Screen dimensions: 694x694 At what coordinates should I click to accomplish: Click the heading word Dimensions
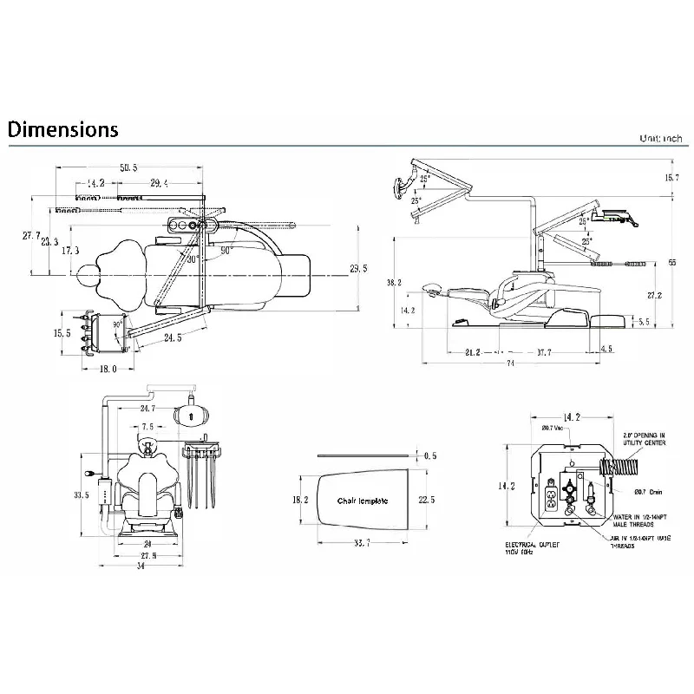62,130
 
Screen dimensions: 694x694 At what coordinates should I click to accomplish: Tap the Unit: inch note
662,139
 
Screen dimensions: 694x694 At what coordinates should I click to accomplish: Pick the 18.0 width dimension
107,370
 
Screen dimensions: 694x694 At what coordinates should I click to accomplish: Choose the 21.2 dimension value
473,352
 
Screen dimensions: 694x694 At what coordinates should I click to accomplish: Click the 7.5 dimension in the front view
148,427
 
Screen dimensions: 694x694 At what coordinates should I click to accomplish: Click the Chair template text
363,501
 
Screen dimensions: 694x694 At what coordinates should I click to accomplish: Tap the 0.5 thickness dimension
430,455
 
